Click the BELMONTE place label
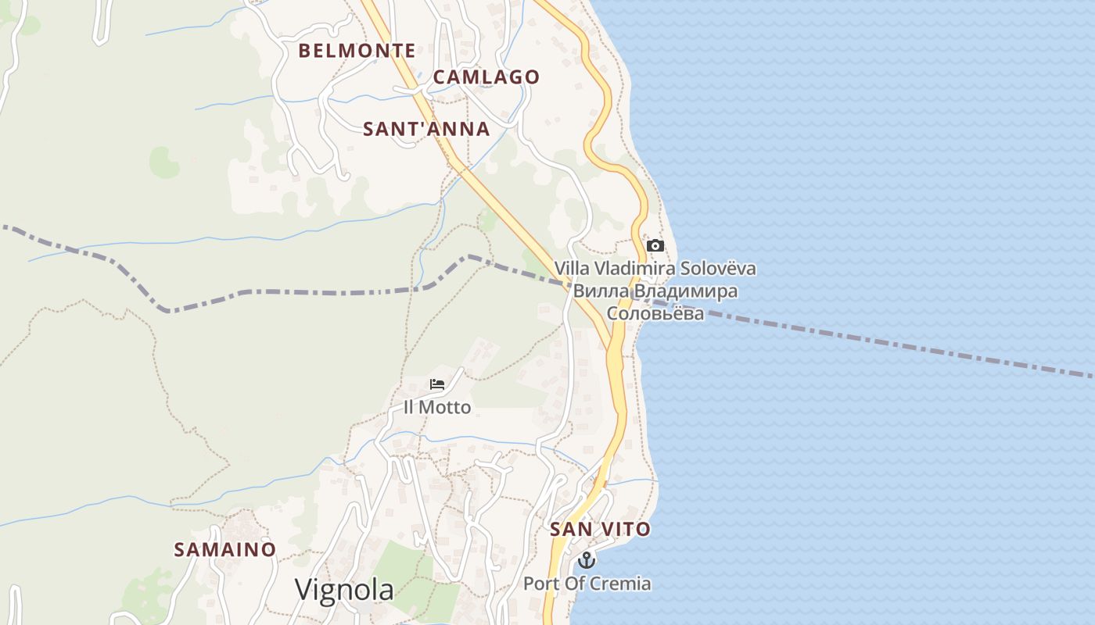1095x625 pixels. (x=357, y=51)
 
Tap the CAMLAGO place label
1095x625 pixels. (x=486, y=77)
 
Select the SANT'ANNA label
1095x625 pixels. (x=426, y=129)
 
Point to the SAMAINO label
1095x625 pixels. (x=224, y=549)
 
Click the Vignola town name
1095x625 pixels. (x=344, y=590)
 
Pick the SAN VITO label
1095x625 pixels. (x=600, y=529)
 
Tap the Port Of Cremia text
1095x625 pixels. (x=587, y=584)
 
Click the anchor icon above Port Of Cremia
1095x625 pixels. (x=587, y=560)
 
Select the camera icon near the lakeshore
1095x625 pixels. (x=655, y=246)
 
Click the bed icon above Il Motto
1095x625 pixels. (x=437, y=384)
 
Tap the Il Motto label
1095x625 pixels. (x=437, y=407)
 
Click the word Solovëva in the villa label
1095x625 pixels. (x=718, y=269)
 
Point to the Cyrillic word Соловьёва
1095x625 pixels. (x=655, y=314)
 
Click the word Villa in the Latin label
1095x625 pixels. (x=572, y=269)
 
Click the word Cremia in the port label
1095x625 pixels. (x=623, y=584)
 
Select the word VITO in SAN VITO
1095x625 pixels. (x=626, y=529)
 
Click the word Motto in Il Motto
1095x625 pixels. (x=445, y=407)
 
